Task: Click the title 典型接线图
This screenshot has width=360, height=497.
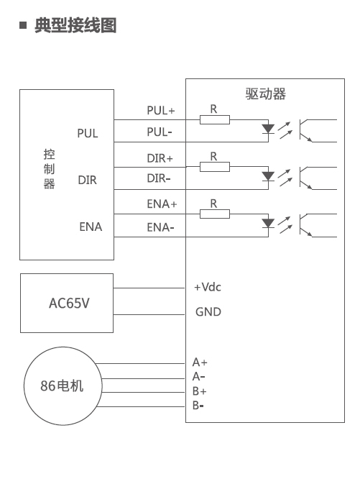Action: click(75, 25)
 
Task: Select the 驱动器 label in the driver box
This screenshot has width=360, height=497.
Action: click(266, 94)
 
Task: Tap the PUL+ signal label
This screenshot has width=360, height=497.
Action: click(161, 111)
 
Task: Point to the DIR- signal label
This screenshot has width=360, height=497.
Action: click(159, 178)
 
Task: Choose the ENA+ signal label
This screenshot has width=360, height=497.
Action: click(162, 204)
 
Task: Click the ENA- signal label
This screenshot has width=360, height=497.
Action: click(160, 227)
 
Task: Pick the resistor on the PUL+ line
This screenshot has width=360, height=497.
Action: click(215, 120)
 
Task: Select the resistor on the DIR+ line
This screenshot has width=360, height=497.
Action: click(215, 167)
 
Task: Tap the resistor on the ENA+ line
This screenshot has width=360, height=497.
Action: click(215, 214)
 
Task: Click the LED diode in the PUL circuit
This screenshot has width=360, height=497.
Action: click(268, 129)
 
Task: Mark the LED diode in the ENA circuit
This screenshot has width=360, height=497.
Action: click(268, 223)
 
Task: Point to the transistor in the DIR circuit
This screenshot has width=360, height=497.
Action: click(306, 178)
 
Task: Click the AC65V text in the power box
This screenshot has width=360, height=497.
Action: click(69, 303)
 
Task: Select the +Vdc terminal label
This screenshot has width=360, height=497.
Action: click(208, 287)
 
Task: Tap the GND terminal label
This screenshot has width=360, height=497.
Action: click(208, 312)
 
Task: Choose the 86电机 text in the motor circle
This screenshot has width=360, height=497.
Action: click(62, 386)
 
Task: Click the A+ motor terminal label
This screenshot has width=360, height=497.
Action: click(200, 362)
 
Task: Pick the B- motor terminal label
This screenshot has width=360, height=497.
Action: click(198, 405)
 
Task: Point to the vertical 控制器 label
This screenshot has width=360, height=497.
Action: click(49, 169)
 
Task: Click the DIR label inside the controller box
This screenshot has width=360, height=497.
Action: click(88, 180)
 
